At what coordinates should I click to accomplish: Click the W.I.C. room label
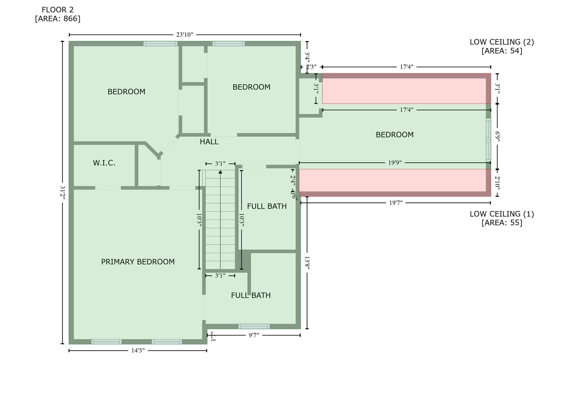click(x=104, y=163)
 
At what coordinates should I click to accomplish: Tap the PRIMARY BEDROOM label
click(x=138, y=262)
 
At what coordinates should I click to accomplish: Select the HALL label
click(x=209, y=142)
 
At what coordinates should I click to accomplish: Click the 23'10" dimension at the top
click(x=185, y=35)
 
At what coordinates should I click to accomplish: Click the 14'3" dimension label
click(x=138, y=351)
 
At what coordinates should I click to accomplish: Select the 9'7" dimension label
click(x=254, y=335)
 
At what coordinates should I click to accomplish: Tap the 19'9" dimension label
click(x=395, y=163)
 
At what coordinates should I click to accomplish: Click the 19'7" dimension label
click(x=396, y=203)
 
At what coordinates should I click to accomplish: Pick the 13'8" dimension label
click(x=307, y=263)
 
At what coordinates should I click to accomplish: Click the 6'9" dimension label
click(x=497, y=137)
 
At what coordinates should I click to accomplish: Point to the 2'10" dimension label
click(x=497, y=183)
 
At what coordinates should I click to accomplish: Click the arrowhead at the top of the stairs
click(x=220, y=172)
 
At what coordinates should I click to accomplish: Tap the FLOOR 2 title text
click(x=58, y=10)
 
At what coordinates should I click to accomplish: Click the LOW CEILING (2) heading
click(x=502, y=42)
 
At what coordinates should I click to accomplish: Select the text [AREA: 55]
click(x=502, y=223)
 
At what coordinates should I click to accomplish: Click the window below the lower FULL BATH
click(x=254, y=327)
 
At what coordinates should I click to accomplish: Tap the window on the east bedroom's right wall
click(x=488, y=140)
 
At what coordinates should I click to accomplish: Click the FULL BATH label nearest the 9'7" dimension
click(x=251, y=296)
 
